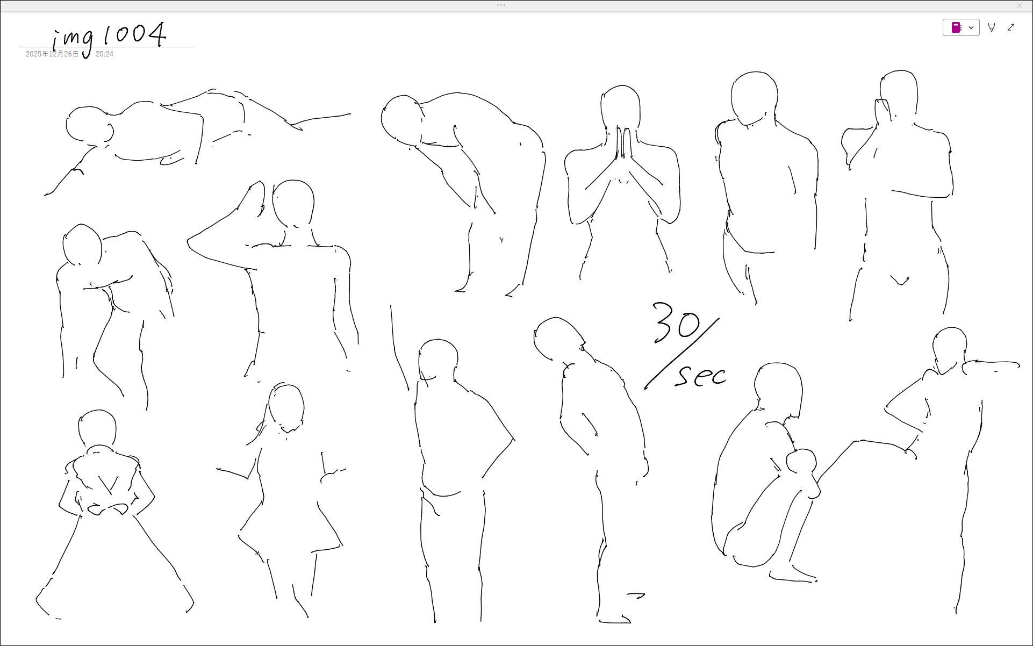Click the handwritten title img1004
110,38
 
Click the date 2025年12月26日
52,54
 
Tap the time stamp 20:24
104,54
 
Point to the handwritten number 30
676,322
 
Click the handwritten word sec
701,375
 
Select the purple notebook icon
956,27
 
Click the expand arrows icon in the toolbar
1011,27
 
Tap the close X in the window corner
1020,5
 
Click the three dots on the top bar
501,5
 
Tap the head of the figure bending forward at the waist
401,120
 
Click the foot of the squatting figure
793,575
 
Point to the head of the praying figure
621,107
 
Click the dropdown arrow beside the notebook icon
971,27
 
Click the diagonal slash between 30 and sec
682,354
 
